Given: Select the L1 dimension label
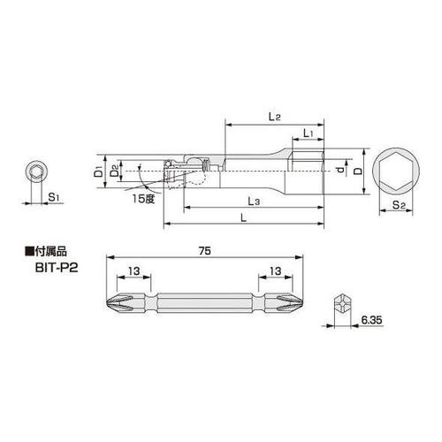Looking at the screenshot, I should pyautogui.click(x=308, y=133).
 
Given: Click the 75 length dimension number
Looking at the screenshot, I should pyautogui.click(x=204, y=250).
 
